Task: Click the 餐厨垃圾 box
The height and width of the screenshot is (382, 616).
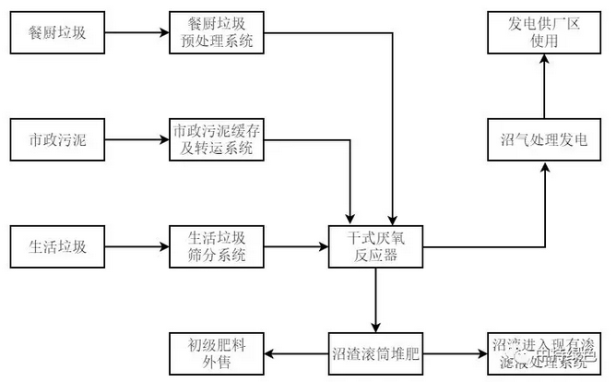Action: (x=57, y=34)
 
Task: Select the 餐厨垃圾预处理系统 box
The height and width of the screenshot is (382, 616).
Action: (x=217, y=34)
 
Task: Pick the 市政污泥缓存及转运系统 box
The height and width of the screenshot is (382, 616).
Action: (x=217, y=140)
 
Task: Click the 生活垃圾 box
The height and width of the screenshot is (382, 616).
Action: (x=57, y=246)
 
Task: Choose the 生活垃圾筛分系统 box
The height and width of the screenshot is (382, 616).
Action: (x=217, y=246)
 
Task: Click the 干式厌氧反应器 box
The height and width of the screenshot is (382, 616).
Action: (x=376, y=246)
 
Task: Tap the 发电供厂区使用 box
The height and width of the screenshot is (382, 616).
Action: (x=545, y=34)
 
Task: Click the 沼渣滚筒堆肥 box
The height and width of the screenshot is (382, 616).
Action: (x=376, y=352)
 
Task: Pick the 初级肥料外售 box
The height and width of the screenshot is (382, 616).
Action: (x=217, y=352)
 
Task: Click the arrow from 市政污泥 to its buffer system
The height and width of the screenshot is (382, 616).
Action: (x=136, y=141)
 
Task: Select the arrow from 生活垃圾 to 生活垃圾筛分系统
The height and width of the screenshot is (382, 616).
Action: (x=136, y=246)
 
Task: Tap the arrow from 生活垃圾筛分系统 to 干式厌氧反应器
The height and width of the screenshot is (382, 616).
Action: (x=297, y=246)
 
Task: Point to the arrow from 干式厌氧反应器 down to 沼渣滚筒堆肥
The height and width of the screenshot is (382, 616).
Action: (x=376, y=300)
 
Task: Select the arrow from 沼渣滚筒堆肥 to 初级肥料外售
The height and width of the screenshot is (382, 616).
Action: (x=297, y=352)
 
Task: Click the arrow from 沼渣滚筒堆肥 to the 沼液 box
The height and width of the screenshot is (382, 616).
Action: (x=456, y=352)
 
